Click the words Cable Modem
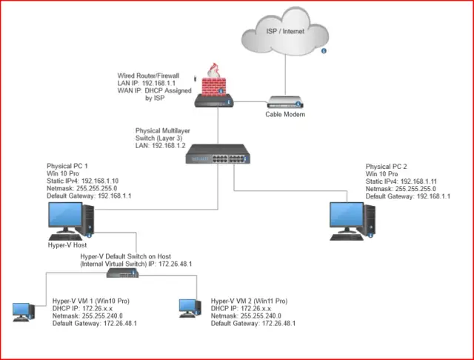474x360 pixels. click(x=285, y=115)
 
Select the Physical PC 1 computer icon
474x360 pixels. click(x=70, y=218)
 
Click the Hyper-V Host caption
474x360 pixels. click(x=69, y=244)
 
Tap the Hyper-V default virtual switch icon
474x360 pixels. click(x=123, y=273)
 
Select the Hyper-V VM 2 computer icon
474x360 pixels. click(x=190, y=310)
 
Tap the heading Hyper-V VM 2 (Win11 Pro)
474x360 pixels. click(x=250, y=301)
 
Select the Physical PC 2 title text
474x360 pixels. click(x=388, y=165)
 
